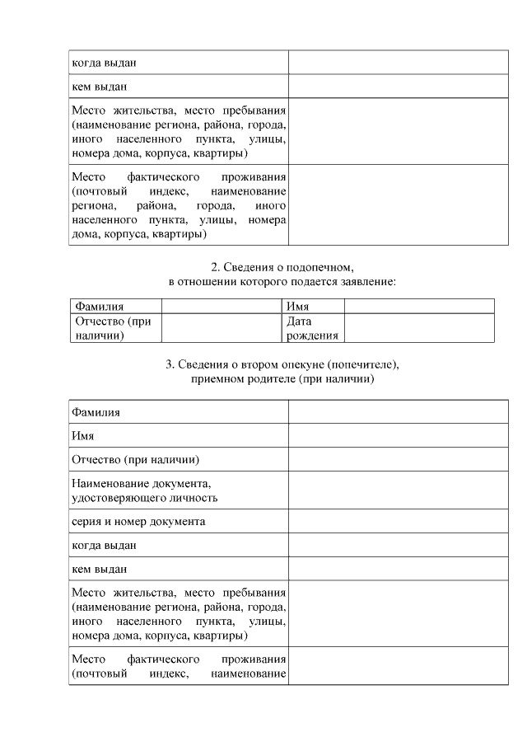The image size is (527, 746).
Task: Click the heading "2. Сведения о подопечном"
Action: coord(282,267)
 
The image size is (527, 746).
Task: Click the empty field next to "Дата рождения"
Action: coord(418,328)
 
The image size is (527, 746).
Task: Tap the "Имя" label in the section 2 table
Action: coord(297,307)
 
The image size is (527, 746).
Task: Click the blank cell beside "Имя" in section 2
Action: coord(418,307)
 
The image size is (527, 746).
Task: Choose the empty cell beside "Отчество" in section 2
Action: coord(221,328)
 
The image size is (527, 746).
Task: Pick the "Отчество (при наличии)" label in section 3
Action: coord(136,458)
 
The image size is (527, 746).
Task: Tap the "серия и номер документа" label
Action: coord(138,522)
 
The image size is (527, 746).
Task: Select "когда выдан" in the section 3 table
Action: coord(104,545)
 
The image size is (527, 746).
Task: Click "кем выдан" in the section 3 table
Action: coord(99,569)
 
